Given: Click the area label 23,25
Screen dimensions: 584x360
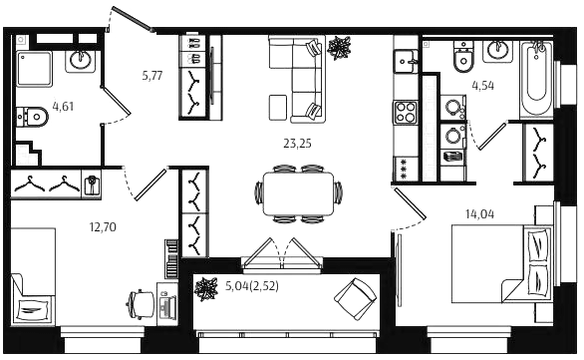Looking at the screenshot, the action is (297, 144).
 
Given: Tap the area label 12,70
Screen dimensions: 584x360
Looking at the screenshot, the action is (103, 226).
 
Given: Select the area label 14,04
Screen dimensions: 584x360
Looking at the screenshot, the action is (479, 214).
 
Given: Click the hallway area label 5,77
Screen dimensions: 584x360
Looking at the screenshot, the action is (152, 76).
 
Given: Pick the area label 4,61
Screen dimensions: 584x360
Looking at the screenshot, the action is (63, 107).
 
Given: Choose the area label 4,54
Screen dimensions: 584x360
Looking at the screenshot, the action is (483, 86).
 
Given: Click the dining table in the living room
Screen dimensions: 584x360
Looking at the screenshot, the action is (298, 193).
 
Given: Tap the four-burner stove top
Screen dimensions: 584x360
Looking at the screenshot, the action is (406, 112).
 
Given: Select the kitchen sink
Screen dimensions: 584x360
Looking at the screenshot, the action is (406, 61).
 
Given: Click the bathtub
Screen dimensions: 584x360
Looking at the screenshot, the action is (536, 80).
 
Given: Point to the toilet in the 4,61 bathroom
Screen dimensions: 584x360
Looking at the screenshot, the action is (32, 118).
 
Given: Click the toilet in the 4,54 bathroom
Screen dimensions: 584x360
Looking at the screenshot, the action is (463, 57).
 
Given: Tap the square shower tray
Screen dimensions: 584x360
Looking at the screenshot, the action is (34, 70).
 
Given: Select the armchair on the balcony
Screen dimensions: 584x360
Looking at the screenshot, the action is (356, 299).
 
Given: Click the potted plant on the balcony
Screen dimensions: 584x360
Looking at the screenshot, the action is (205, 289).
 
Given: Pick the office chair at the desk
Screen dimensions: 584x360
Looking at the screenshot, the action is (141, 304).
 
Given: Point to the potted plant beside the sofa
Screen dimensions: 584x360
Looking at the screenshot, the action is (339, 47).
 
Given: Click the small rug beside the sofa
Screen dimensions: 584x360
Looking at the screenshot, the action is (278, 108).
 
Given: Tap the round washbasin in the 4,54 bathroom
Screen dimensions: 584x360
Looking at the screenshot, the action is (497, 52).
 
